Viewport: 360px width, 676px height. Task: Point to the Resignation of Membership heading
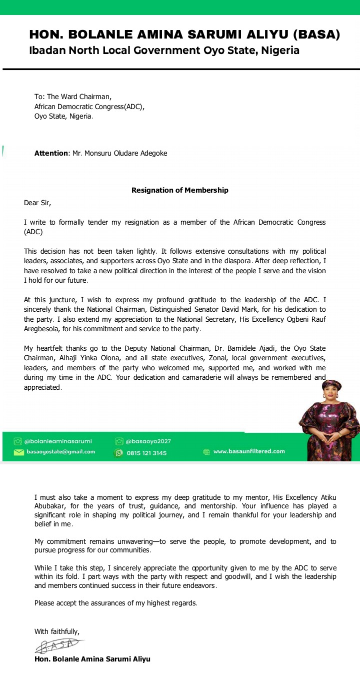coord(180,190)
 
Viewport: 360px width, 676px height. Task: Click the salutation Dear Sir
coord(37,203)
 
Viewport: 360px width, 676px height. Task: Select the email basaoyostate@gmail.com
coord(60,452)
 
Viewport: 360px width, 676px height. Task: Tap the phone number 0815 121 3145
coord(146,453)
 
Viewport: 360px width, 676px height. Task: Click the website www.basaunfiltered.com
coord(249,451)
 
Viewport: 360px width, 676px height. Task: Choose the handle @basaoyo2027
coord(148,441)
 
